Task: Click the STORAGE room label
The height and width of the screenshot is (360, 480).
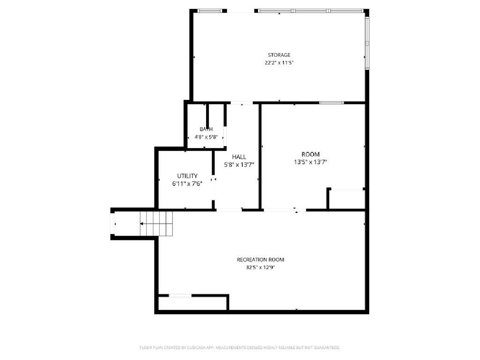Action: (279, 55)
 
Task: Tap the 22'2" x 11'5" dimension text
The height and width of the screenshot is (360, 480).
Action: (279, 63)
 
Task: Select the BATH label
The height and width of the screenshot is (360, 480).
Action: (206, 129)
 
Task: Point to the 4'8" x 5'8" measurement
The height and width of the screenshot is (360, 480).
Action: (206, 137)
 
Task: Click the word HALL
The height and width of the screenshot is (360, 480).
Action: (239, 157)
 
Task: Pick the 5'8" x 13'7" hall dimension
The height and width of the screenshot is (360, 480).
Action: (239, 164)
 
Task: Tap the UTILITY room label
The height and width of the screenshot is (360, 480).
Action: (187, 176)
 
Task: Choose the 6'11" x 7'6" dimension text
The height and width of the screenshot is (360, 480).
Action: (187, 184)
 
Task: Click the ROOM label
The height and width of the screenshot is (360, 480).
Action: (310, 154)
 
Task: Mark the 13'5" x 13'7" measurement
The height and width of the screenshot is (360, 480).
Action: (310, 162)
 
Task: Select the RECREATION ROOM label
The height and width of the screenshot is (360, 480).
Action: (260, 260)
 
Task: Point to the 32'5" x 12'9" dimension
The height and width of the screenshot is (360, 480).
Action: (260, 267)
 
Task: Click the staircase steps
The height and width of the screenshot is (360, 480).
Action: (156, 224)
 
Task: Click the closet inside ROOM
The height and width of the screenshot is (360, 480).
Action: (347, 199)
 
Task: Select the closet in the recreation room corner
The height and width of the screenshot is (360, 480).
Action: (192, 303)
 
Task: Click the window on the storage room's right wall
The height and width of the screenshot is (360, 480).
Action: (367, 43)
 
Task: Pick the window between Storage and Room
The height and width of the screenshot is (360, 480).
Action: (332, 103)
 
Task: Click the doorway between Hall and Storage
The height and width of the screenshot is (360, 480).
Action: (242, 103)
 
